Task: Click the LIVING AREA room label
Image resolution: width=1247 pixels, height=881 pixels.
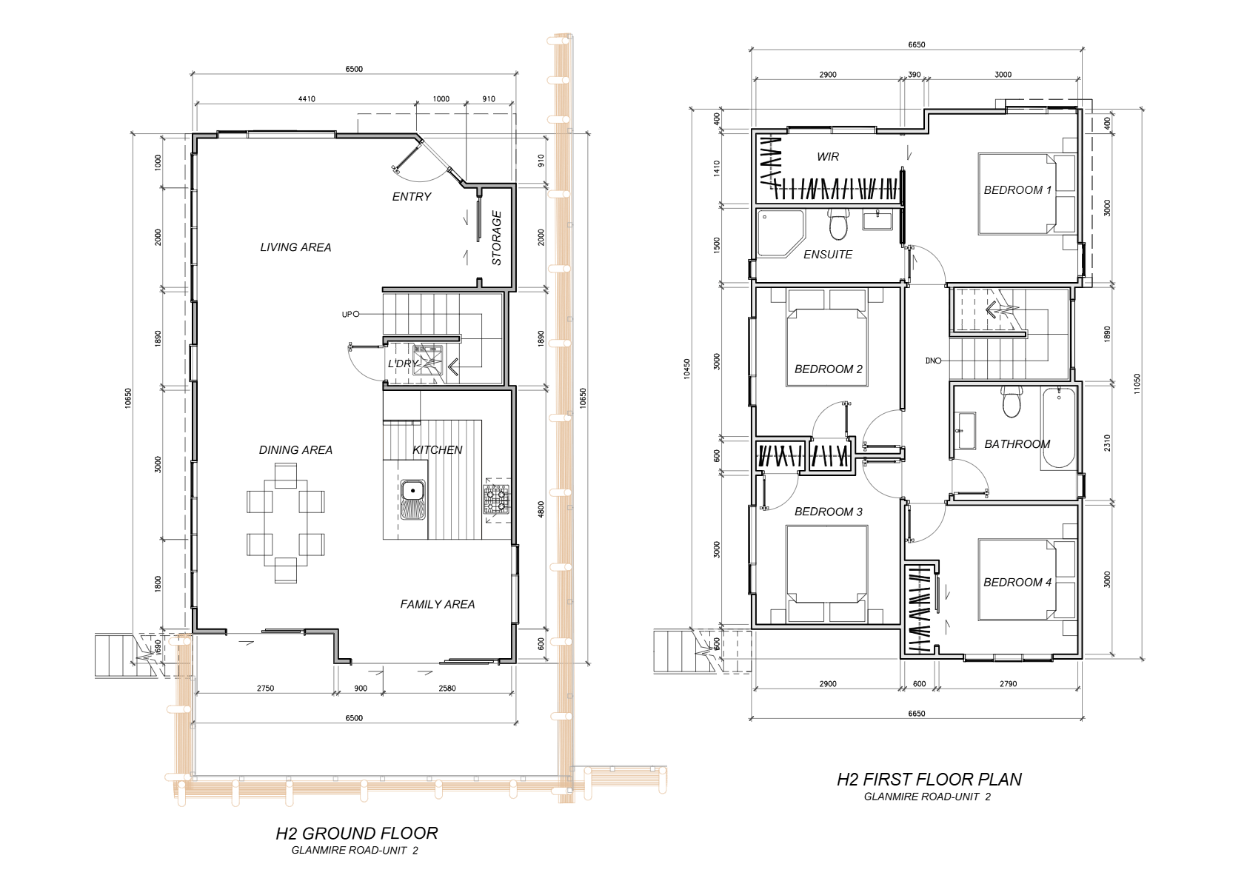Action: pyautogui.click(x=295, y=247)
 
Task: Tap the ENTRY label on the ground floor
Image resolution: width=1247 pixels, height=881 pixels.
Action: pyautogui.click(x=412, y=196)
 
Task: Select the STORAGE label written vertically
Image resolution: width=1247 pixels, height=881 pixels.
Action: pyautogui.click(x=497, y=238)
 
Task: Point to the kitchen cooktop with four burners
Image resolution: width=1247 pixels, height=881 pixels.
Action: pyautogui.click(x=495, y=499)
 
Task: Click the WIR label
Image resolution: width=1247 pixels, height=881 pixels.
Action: pyautogui.click(x=828, y=157)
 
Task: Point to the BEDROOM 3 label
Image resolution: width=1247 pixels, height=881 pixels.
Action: pyautogui.click(x=829, y=512)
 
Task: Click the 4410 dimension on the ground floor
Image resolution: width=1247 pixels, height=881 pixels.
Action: pyautogui.click(x=307, y=99)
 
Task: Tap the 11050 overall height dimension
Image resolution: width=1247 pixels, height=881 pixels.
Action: pyautogui.click(x=1137, y=383)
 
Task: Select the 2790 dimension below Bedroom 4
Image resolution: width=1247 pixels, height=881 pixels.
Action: pyautogui.click(x=1008, y=684)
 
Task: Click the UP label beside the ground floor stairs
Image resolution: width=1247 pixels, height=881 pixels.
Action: pyautogui.click(x=347, y=315)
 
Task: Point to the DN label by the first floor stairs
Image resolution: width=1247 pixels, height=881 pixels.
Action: pyautogui.click(x=931, y=361)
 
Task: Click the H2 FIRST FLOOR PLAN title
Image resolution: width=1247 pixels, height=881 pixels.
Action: pyautogui.click(x=929, y=779)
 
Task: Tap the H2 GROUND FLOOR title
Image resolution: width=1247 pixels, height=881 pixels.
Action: pyautogui.click(x=357, y=833)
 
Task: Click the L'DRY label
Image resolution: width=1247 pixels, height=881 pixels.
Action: pyautogui.click(x=403, y=364)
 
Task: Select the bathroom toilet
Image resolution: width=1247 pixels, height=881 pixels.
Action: pyautogui.click(x=1012, y=402)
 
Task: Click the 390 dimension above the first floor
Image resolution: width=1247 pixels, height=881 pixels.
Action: pyautogui.click(x=914, y=75)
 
